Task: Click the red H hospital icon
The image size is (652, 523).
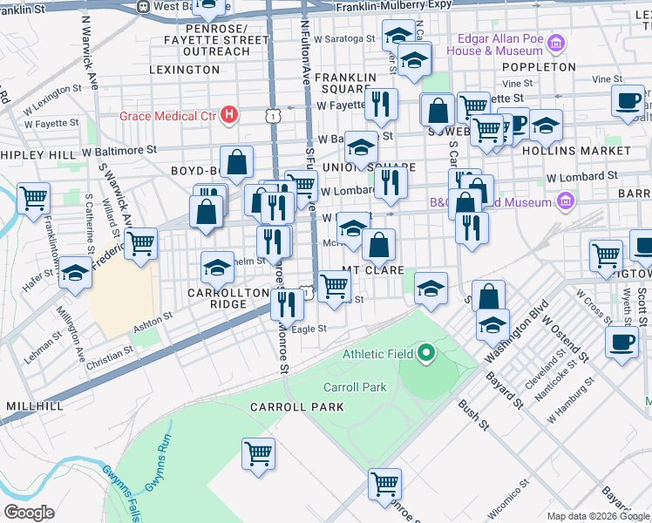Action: pyautogui.click(x=228, y=113)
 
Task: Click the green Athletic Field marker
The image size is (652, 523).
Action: pyautogui.click(x=425, y=353)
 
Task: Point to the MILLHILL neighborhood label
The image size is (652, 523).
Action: pyautogui.click(x=35, y=406)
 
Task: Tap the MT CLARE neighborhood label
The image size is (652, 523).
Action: pyautogui.click(x=373, y=270)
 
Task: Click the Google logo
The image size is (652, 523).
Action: pyautogui.click(x=29, y=512)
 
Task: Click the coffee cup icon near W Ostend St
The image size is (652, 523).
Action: pyautogui.click(x=621, y=342)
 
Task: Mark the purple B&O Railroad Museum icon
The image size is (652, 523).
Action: pyautogui.click(x=565, y=202)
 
